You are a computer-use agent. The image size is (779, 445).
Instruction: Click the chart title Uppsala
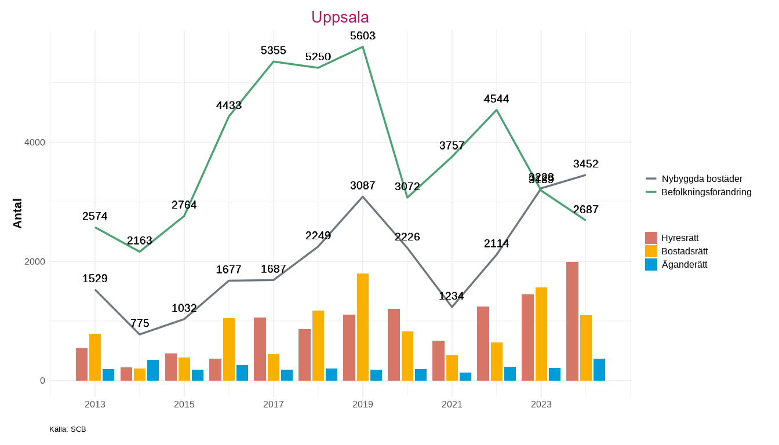pos(340,17)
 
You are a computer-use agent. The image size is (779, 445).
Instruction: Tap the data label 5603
pos(363,36)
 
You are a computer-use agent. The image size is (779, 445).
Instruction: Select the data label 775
pos(140,323)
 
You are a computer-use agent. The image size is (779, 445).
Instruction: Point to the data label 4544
pos(496,99)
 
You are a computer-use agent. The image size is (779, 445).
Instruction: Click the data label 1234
pos(452,296)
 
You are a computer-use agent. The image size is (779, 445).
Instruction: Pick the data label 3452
pos(585,164)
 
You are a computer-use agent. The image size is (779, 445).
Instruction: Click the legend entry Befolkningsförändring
pos(706,192)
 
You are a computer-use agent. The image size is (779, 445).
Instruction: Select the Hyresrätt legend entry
pos(679,238)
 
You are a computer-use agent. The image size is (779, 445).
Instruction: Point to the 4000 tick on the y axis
pos(34,143)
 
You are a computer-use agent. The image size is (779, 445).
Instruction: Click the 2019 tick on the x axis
pos(363,404)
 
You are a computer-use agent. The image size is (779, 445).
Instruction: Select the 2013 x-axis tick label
pos(95,404)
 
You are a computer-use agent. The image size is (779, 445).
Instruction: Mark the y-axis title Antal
pos(18,213)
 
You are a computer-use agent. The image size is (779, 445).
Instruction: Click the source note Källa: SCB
pos(68,429)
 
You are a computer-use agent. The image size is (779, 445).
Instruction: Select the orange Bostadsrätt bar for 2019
pos(363,327)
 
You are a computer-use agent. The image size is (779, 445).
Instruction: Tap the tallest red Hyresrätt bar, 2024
pos(572,321)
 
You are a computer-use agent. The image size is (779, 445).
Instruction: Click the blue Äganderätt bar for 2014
pos(153,370)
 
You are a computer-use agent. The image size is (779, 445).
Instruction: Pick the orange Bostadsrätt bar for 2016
pos(229,349)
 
